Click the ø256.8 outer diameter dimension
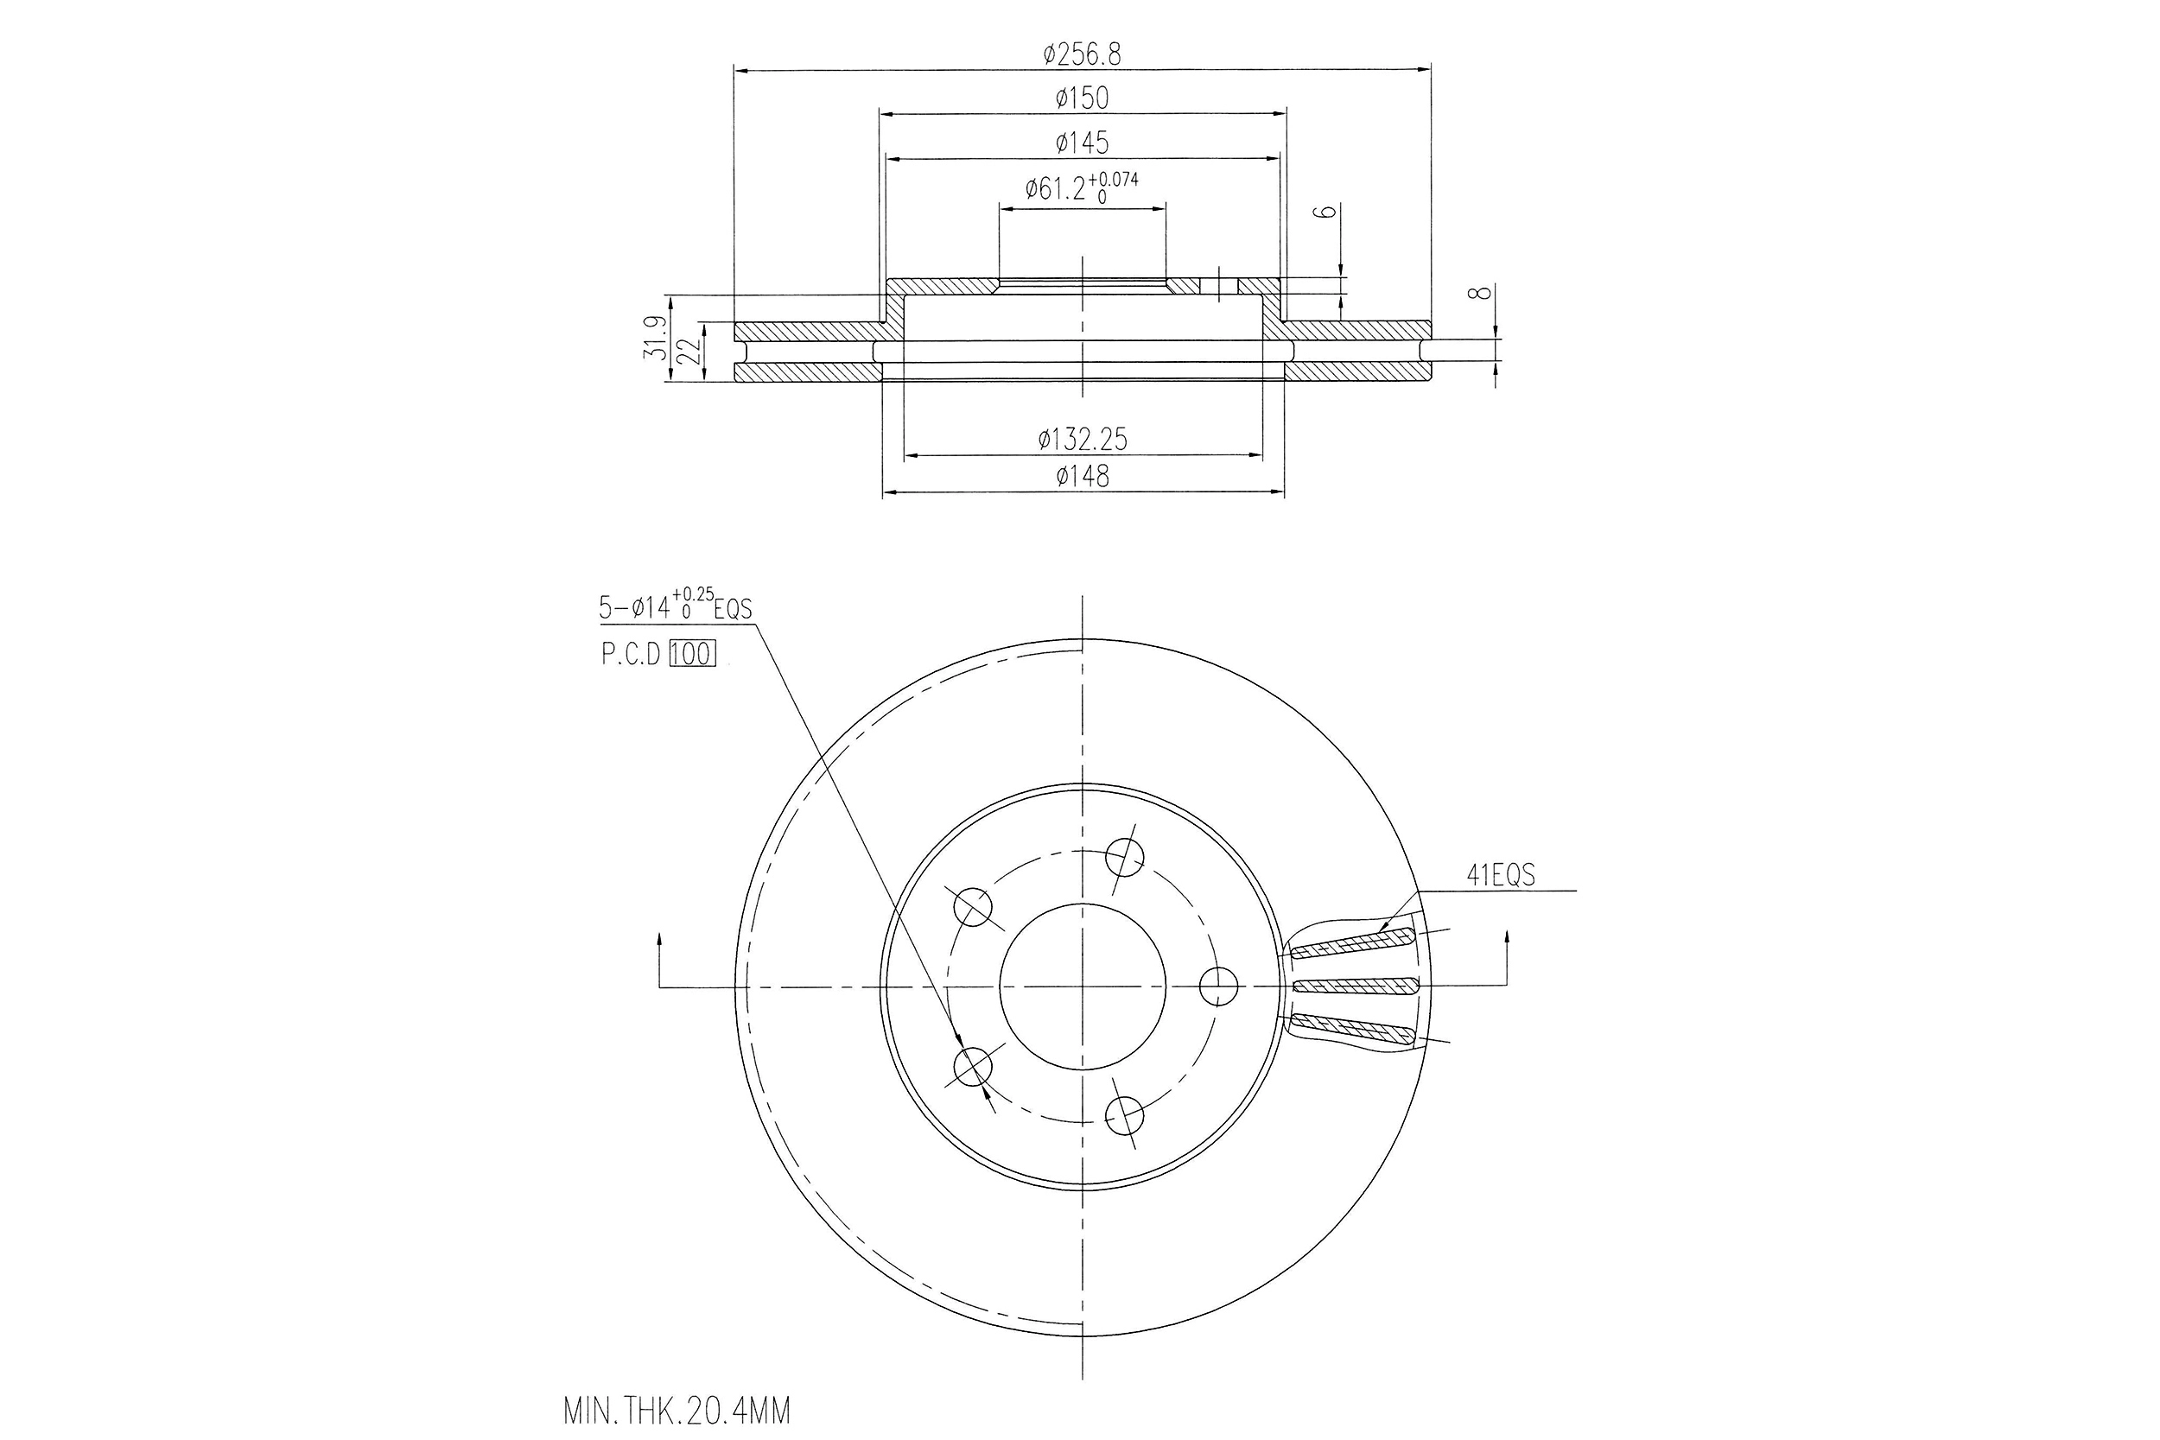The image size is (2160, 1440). [x=1082, y=55]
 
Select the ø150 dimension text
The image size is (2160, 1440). [x=1082, y=98]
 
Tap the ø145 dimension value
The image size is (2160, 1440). [x=1082, y=143]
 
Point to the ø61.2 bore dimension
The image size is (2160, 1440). [x=1081, y=188]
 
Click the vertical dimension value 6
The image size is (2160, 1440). [x=1325, y=213]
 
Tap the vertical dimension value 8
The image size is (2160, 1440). [x=1477, y=293]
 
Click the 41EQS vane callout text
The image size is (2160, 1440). [x=1500, y=876]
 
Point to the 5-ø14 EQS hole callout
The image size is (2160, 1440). [x=675, y=606]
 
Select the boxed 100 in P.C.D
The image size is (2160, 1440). [x=691, y=654]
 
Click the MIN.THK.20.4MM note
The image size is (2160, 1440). [x=677, y=1411]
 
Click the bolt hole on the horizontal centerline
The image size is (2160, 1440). [x=1219, y=986]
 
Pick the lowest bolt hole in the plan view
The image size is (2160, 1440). [x=1124, y=1116]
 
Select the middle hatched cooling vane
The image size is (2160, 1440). [x=1356, y=987]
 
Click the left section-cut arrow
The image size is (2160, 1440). [x=659, y=955]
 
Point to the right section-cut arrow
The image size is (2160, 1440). [x=1506, y=955]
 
